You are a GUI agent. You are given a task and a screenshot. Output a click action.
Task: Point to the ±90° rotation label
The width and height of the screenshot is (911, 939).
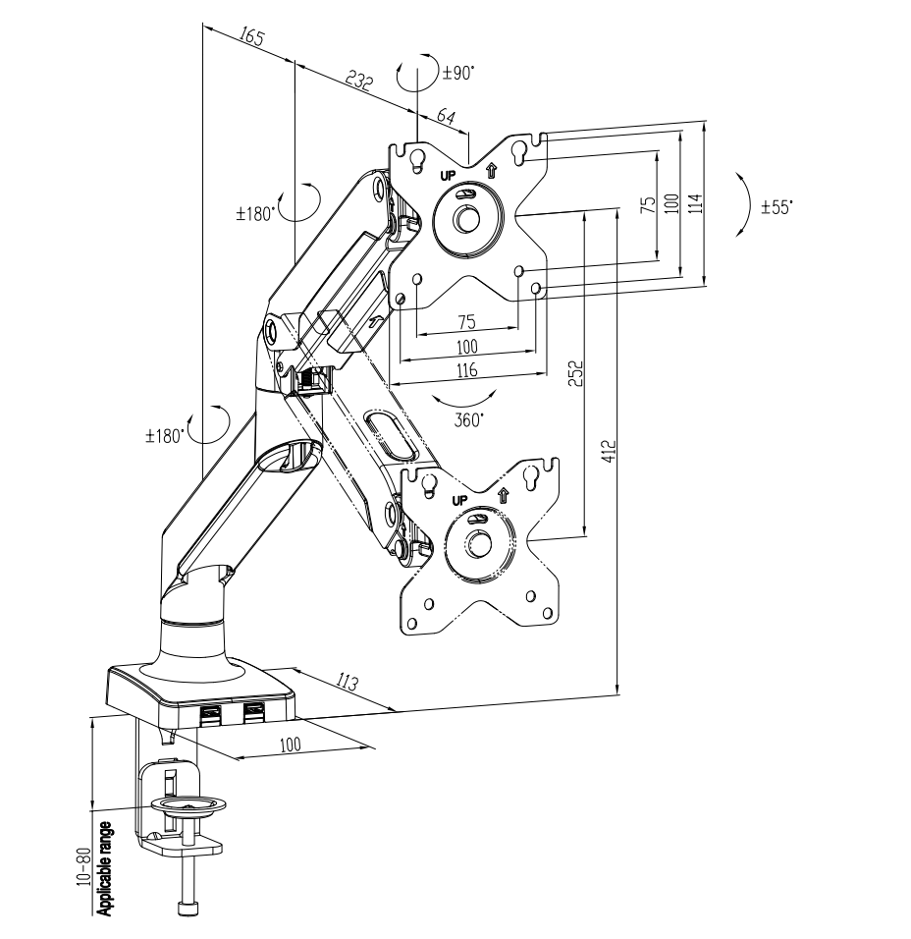click(457, 72)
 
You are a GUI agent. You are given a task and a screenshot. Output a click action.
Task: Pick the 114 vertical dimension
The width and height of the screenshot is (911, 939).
click(695, 203)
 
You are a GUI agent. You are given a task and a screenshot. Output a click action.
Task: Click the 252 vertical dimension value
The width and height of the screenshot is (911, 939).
click(577, 373)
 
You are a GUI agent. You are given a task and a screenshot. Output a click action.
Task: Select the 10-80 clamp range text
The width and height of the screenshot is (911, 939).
click(83, 865)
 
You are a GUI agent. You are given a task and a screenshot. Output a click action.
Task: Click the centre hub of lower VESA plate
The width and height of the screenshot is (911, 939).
click(478, 542)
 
